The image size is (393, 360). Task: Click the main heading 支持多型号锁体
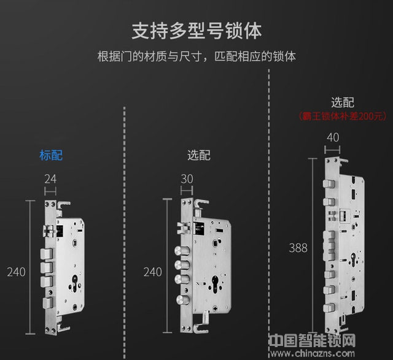pos(196,31)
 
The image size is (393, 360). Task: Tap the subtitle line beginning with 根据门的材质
pos(196,56)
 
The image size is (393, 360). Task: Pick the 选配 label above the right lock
pos(343,102)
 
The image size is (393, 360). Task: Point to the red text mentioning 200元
pos(343,115)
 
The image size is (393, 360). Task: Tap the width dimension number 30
pos(188,179)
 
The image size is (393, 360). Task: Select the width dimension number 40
pos(333,137)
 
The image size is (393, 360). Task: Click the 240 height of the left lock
pos(16,272)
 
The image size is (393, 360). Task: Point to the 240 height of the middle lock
pos(153,272)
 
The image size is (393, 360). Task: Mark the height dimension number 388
pos(298,248)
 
